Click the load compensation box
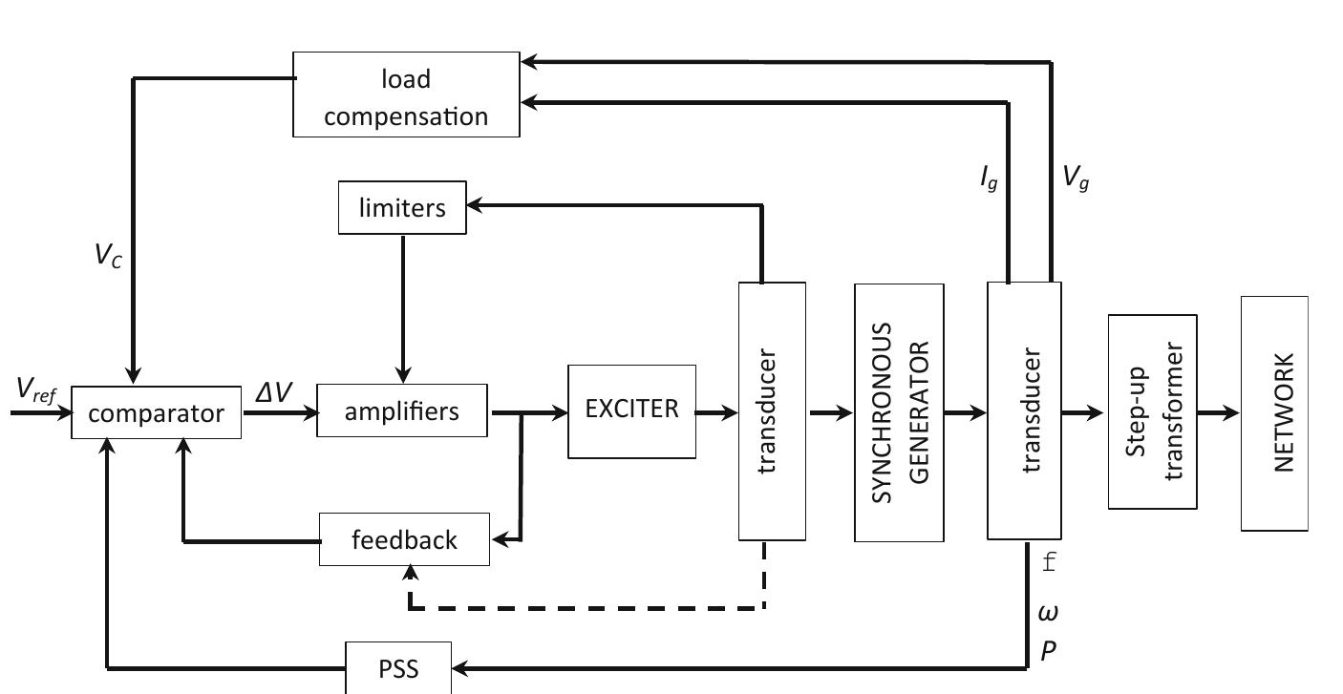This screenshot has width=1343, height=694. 406,95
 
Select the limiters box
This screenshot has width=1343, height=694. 402,207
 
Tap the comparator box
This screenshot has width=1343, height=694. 156,413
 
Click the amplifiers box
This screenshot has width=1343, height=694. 401,410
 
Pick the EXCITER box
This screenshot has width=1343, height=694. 631,410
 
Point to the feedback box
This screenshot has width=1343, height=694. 404,539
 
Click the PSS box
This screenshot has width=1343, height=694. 398,668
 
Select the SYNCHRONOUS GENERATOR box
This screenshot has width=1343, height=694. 899,412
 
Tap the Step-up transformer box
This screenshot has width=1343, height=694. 1152,412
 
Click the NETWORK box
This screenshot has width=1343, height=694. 1274,412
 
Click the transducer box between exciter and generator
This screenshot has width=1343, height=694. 772,410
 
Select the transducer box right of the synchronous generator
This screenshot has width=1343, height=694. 1023,410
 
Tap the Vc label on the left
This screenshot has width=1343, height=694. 108,258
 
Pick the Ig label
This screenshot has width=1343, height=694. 989,179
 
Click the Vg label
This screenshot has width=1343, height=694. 1076,179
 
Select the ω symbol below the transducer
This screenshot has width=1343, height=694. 1048,610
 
